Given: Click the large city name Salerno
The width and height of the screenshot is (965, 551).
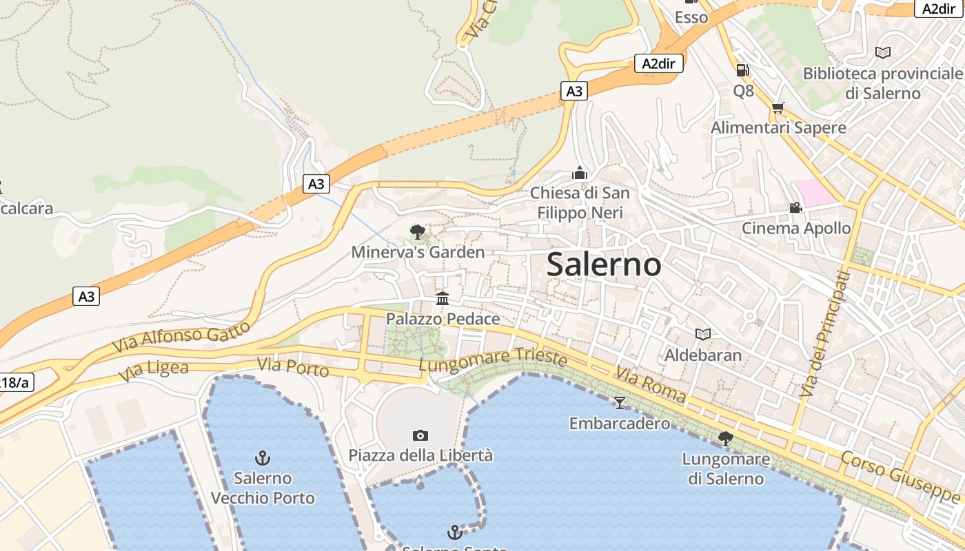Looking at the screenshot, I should pos(604,265).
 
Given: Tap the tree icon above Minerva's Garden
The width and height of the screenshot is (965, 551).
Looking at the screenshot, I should pos(417,231).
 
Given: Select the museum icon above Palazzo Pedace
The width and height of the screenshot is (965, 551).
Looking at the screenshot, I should pos(443,299).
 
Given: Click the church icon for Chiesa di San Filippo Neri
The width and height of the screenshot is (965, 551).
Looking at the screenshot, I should pos(580,172).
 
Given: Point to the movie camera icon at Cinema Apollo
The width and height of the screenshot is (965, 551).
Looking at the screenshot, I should pos(795,207).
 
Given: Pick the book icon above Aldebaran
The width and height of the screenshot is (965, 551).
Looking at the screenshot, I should pos(703,334).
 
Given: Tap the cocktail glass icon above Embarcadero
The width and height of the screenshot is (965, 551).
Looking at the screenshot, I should pos(620,402).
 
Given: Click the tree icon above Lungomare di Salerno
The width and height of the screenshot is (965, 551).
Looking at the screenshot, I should pos(725,437).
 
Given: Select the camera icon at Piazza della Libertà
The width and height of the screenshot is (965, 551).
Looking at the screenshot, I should pos(420,435).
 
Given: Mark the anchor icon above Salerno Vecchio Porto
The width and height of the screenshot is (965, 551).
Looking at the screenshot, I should pos(263,457).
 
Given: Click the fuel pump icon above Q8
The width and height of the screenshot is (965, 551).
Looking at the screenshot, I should pos(743,70).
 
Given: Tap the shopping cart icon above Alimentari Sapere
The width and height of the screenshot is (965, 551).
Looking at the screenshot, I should pos(778,107).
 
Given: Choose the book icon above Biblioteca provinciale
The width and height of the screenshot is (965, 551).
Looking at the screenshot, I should pos(882,52).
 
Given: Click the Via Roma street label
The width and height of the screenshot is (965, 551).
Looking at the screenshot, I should pos(651,385).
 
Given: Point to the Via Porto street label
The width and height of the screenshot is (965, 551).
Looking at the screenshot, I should pos(293,368).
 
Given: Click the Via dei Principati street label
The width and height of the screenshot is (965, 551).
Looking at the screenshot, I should pos(824,335).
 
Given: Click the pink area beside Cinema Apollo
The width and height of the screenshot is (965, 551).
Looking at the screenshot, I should pos(815,192).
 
